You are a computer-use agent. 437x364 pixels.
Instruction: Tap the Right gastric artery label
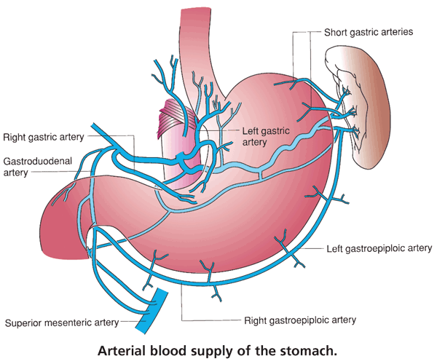pyautogui.click(x=44, y=136)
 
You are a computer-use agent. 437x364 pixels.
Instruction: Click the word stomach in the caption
pyautogui.click(x=312, y=349)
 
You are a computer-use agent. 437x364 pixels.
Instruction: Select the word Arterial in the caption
pyautogui.click(x=124, y=349)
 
